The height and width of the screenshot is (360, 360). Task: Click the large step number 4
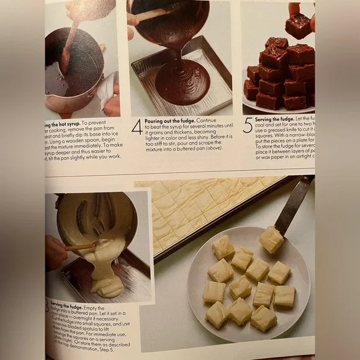point(137,127)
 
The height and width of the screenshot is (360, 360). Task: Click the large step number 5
point(248,125)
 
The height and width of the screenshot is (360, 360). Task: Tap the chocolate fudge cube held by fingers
point(299,25)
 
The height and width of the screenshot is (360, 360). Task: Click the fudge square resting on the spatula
point(271,239)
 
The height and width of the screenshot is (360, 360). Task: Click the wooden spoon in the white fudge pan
point(81,246)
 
